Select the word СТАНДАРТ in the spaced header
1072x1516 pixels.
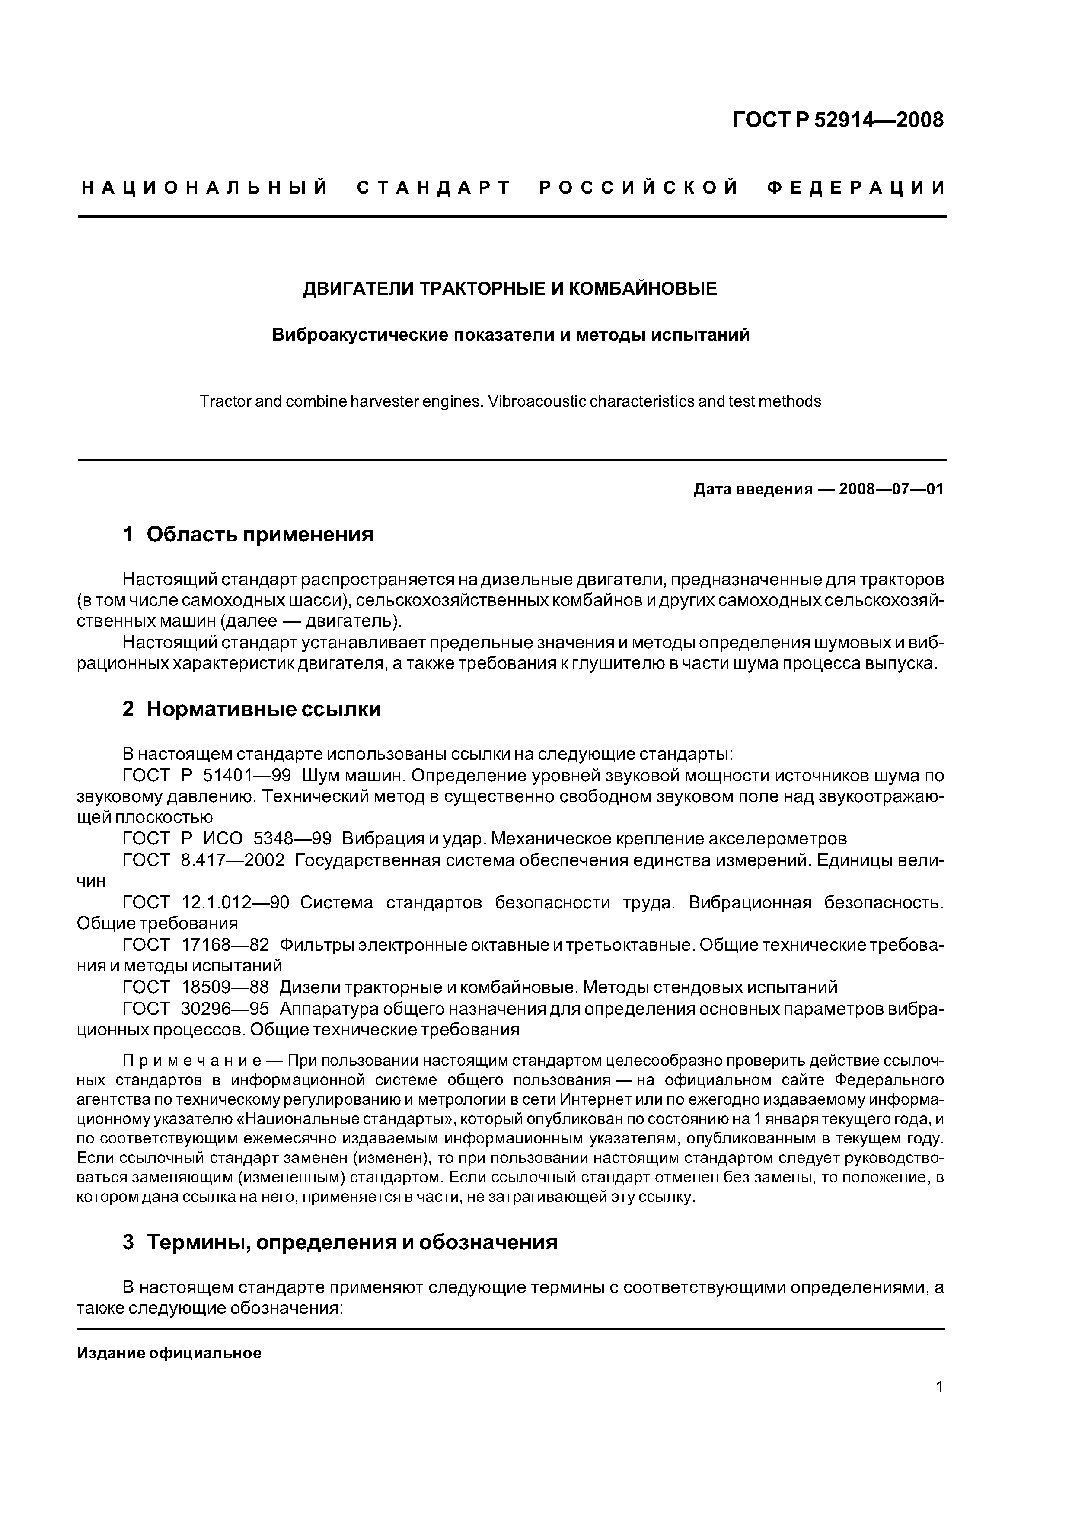433,188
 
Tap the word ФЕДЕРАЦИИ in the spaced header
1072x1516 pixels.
856,188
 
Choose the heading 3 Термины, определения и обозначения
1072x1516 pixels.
340,1242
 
